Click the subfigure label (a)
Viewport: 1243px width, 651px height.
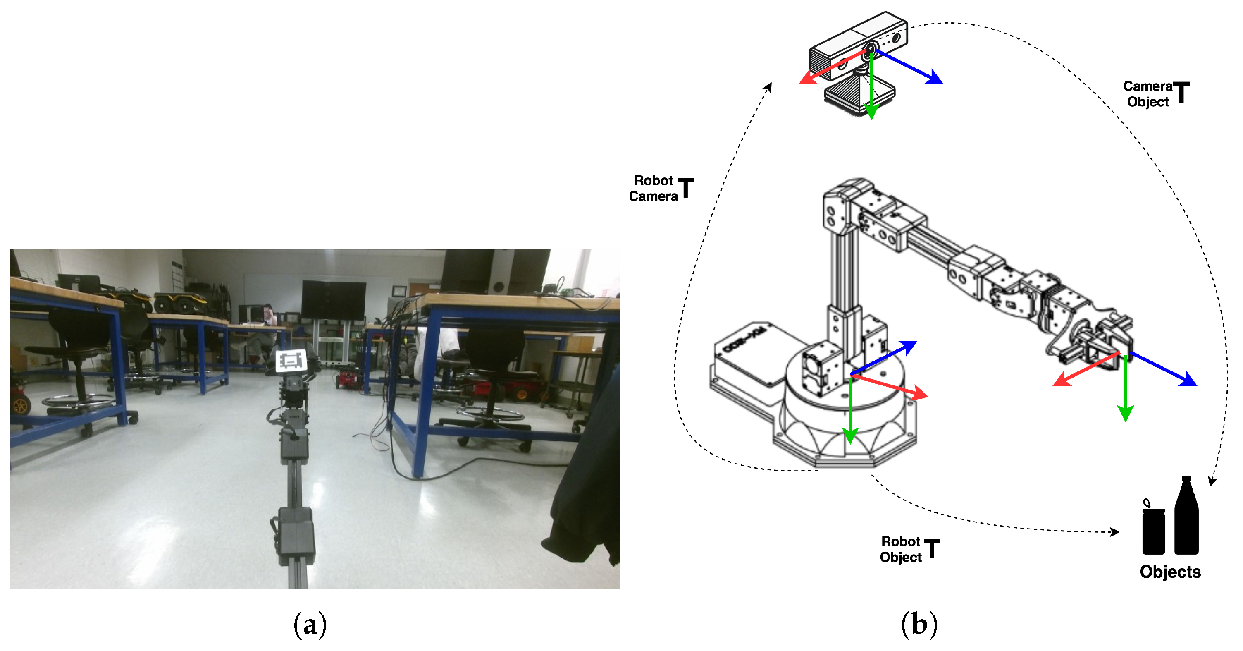(x=310, y=625)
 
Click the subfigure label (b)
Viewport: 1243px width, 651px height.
(x=919, y=625)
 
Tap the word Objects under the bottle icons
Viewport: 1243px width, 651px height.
(x=1170, y=572)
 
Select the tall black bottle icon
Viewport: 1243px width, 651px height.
(x=1186, y=515)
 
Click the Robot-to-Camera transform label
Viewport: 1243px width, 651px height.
(x=661, y=188)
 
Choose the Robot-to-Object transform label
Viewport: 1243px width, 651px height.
(x=909, y=549)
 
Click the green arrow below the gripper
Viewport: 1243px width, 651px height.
(x=1125, y=388)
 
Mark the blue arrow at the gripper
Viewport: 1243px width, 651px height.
(x=1163, y=369)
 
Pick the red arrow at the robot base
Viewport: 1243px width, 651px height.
(x=889, y=386)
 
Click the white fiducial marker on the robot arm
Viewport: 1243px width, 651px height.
(x=291, y=361)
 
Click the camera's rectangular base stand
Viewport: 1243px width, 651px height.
(x=859, y=97)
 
